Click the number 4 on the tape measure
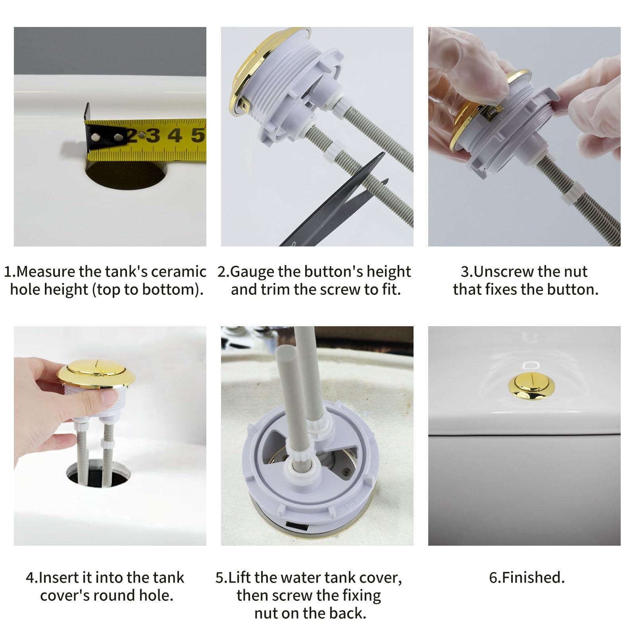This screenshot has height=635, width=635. [x=175, y=136]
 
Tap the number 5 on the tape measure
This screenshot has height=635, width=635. [x=198, y=135]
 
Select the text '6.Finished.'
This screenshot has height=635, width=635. [x=527, y=578]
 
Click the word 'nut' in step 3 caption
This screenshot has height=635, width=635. [x=575, y=272]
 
